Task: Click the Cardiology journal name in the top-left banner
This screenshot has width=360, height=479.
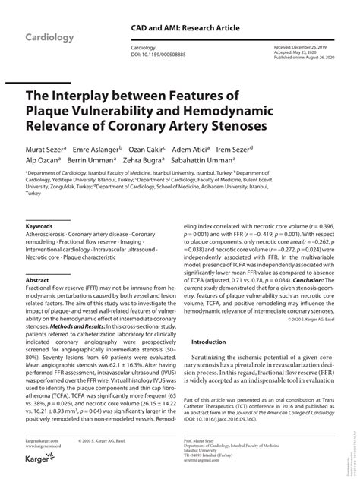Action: (50, 37)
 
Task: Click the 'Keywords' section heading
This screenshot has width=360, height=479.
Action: (39, 226)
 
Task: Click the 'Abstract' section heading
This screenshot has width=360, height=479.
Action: (37, 280)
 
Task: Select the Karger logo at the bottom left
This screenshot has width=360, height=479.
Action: (39, 468)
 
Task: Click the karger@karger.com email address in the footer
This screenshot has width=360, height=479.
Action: (41, 440)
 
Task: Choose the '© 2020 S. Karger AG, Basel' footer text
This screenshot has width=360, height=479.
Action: (106, 440)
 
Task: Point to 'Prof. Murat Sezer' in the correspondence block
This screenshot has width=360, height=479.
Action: (219, 440)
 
